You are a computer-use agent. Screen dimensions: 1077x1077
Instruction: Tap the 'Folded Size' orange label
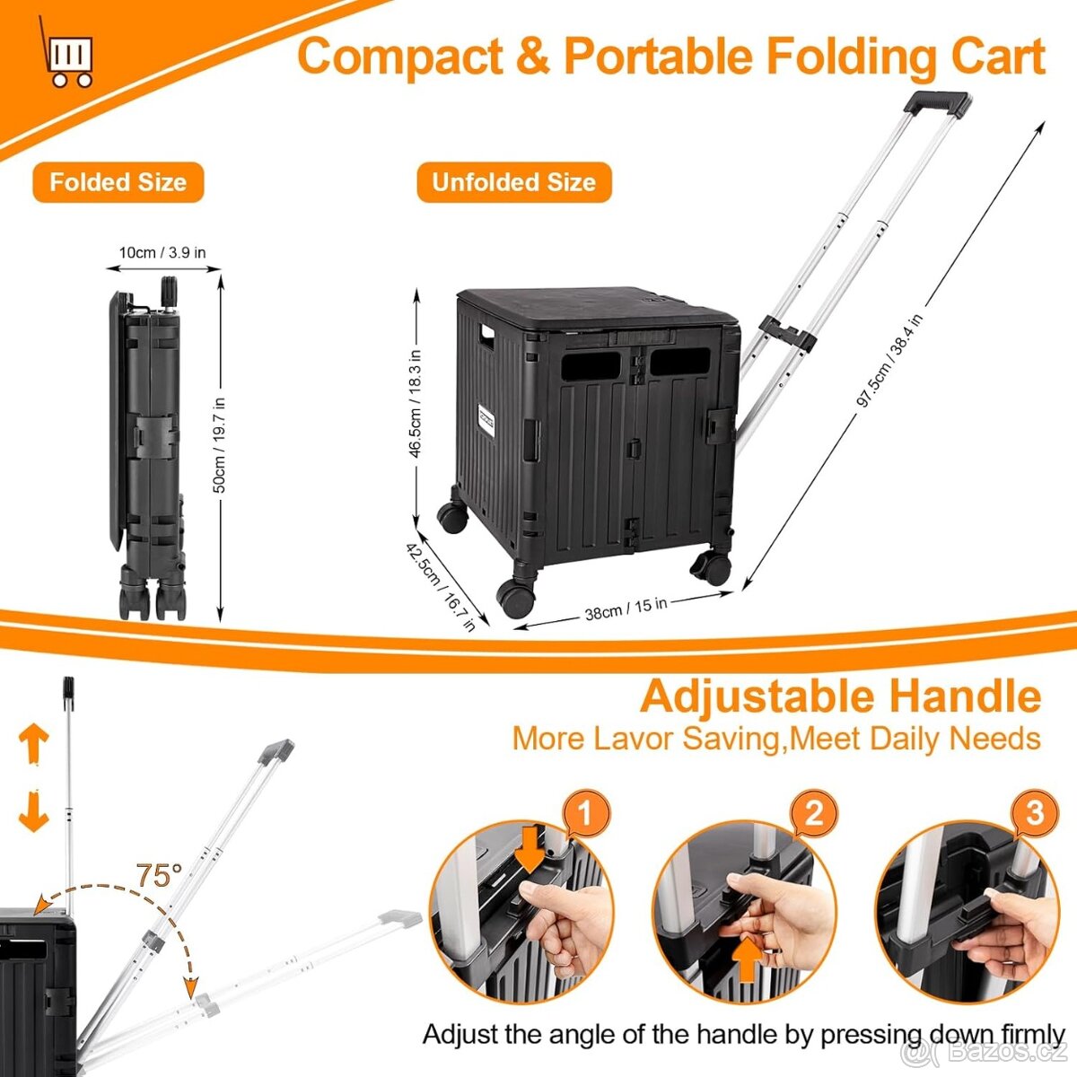coord(118,182)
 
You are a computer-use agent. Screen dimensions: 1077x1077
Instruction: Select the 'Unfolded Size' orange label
coord(513,182)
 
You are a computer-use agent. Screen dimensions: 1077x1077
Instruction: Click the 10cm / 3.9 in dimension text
coord(162,252)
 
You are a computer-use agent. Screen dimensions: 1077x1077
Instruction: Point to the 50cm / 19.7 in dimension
coord(219,444)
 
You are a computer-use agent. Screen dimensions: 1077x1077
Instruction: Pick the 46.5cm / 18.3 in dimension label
coord(416,404)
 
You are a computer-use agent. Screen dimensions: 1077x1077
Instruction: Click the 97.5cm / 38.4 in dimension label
coord(889,361)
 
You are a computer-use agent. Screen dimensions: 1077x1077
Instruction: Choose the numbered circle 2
coord(813,814)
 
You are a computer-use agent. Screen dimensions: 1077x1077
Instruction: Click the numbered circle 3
coord(1035,814)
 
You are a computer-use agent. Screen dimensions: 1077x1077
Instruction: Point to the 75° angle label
coord(159,875)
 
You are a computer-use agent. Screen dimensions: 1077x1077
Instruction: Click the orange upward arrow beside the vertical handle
coord(34,742)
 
